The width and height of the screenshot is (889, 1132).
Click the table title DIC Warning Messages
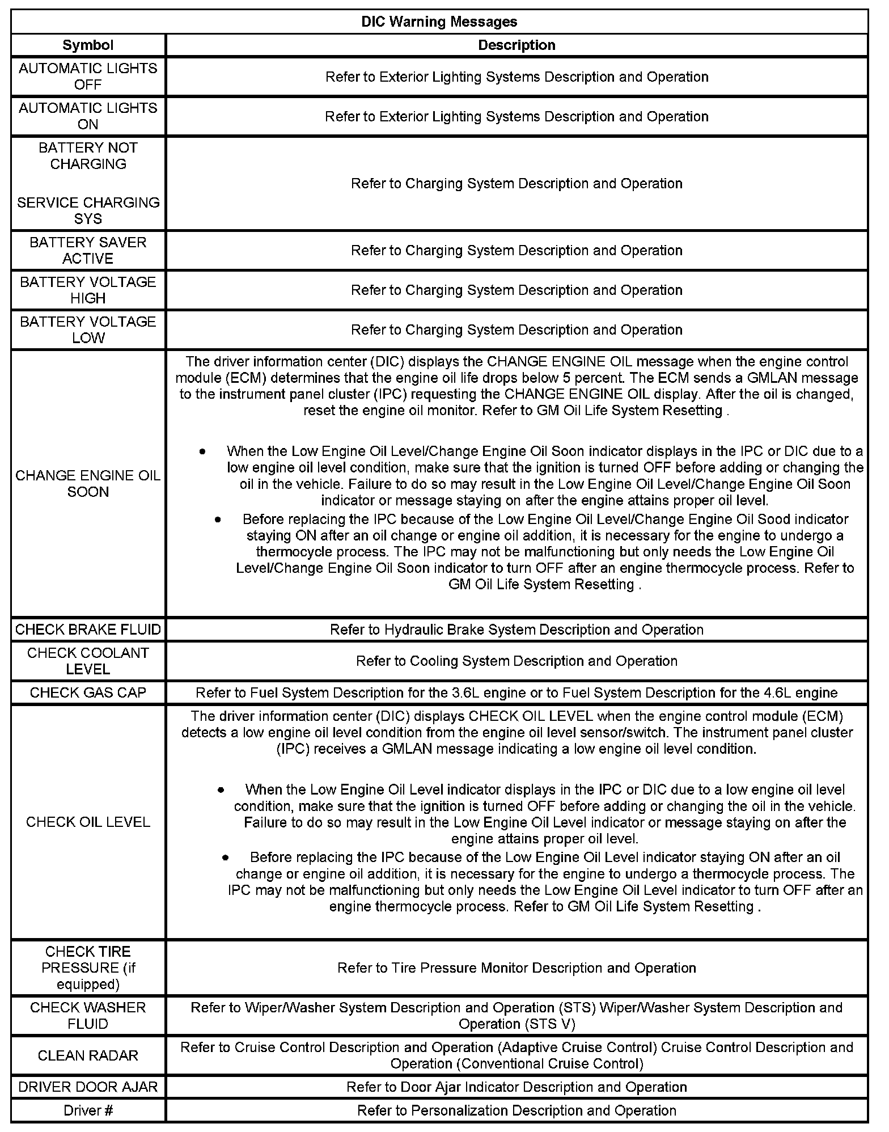[439, 22]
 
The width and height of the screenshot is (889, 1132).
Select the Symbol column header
[88, 45]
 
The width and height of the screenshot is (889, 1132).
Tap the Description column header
[517, 45]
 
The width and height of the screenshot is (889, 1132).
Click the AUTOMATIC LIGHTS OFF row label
[88, 76]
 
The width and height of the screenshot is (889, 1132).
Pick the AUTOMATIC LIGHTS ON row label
[88, 116]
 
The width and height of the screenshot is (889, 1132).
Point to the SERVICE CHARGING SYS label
[88, 210]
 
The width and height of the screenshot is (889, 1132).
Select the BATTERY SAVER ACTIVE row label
[88, 250]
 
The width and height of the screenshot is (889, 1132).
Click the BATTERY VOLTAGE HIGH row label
[88, 290]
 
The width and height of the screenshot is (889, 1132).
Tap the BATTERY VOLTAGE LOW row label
[88, 330]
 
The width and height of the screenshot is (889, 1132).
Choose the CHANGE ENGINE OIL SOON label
[88, 483]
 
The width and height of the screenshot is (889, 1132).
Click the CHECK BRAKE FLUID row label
[88, 630]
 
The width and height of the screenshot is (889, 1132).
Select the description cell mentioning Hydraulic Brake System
[517, 630]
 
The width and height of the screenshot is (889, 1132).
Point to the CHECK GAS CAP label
[88, 692]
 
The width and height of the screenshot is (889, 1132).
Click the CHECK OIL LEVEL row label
[88, 822]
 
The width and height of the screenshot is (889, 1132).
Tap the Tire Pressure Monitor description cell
[517, 968]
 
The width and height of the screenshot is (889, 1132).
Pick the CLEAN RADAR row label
[88, 1055]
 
